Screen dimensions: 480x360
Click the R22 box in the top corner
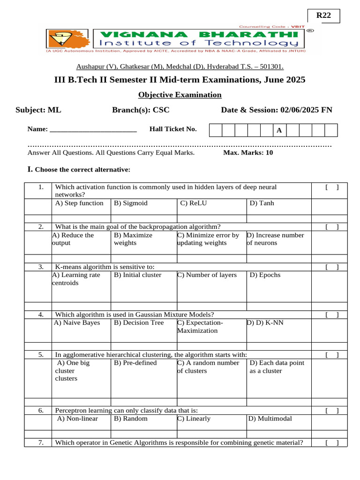click(323, 15)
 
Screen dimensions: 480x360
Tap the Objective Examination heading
click(180, 95)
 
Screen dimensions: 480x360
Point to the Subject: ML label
click(38, 110)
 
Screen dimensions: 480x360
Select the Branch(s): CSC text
click(141, 110)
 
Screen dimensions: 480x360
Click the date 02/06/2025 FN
click(307, 110)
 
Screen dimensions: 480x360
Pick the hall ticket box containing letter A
click(279, 130)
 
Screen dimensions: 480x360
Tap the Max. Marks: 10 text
click(248, 153)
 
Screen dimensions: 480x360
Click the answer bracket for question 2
click(331, 227)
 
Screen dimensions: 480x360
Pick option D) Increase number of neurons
click(275, 239)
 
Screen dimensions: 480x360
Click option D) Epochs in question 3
click(265, 275)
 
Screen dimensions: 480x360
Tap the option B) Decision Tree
click(139, 322)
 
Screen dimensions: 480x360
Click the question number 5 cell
click(41, 355)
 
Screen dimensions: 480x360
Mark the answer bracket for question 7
click(331, 442)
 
